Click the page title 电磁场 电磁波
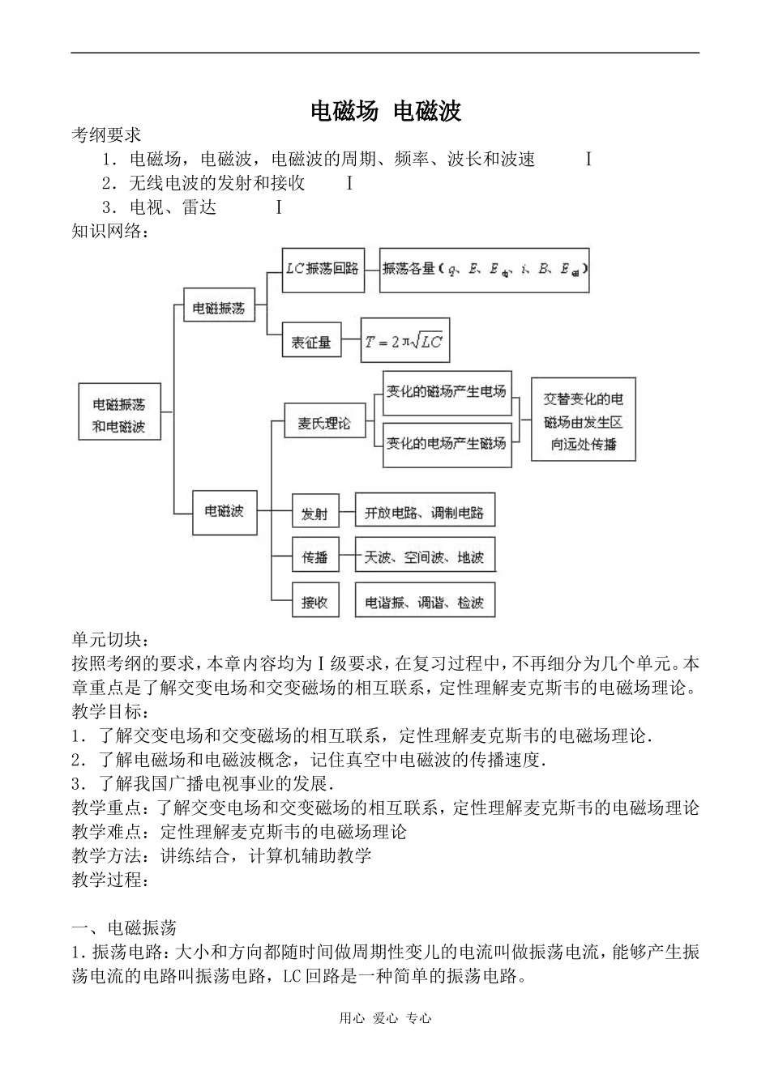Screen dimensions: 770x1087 click(386, 111)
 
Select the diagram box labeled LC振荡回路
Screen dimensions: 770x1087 click(323, 271)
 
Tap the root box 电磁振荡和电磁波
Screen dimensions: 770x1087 click(119, 411)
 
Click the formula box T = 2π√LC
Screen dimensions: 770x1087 click(405, 340)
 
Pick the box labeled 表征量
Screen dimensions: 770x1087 click(311, 339)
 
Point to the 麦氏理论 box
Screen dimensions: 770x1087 click(325, 420)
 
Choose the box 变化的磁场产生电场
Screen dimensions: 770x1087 click(447, 394)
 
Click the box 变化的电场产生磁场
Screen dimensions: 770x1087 click(447, 445)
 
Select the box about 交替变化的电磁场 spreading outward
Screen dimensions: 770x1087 click(583, 420)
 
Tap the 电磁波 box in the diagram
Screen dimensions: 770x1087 click(225, 513)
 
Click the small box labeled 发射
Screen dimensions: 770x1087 click(315, 510)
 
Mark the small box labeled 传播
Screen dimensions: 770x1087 click(315, 554)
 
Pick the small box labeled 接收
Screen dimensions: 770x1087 click(315, 599)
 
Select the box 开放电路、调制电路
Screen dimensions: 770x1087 click(425, 509)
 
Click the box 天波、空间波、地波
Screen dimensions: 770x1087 click(425, 554)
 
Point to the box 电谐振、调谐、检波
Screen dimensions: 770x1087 click(425, 599)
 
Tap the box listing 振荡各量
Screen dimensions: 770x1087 click(484, 271)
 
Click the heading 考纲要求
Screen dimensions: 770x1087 click(106, 135)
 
